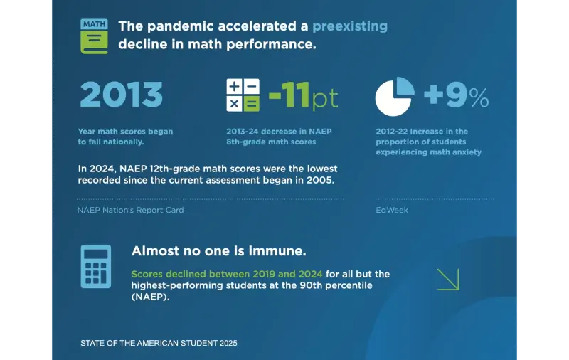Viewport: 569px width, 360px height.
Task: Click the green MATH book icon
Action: tap(94, 35)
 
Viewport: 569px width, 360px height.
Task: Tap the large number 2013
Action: tap(121, 95)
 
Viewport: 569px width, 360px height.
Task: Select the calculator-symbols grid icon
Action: tap(243, 95)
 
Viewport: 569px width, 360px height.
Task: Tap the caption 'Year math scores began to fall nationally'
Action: tap(125, 137)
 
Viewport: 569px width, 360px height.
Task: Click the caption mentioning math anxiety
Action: tap(429, 142)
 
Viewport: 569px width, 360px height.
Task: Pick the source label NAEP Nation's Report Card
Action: tap(130, 211)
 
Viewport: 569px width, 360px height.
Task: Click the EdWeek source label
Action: tap(392, 211)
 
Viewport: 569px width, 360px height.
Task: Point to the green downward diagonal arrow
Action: tap(448, 279)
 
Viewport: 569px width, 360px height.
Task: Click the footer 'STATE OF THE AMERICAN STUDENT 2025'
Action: tap(159, 343)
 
